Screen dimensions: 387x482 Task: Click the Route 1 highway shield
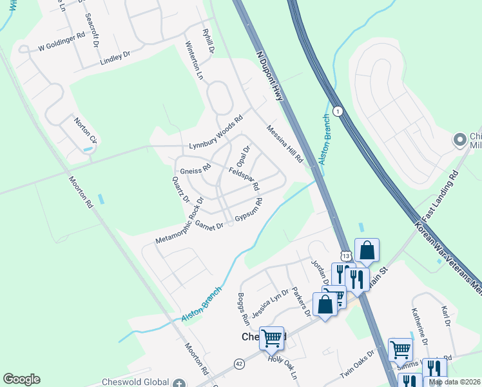pos(339,111)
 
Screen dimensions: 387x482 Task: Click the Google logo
pos(21,379)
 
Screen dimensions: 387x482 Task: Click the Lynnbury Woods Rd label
pos(216,134)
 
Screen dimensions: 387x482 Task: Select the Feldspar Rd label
pos(244,179)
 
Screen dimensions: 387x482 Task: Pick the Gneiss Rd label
pos(196,169)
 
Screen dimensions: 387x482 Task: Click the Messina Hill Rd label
pos(285,144)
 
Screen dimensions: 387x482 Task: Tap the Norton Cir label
pos(84,130)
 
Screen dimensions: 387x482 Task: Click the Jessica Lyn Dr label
pos(270,303)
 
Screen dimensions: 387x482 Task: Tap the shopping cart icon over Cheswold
pos(272,337)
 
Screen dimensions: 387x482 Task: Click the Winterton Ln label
pos(194,61)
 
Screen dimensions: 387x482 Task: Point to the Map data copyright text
pos(455,382)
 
